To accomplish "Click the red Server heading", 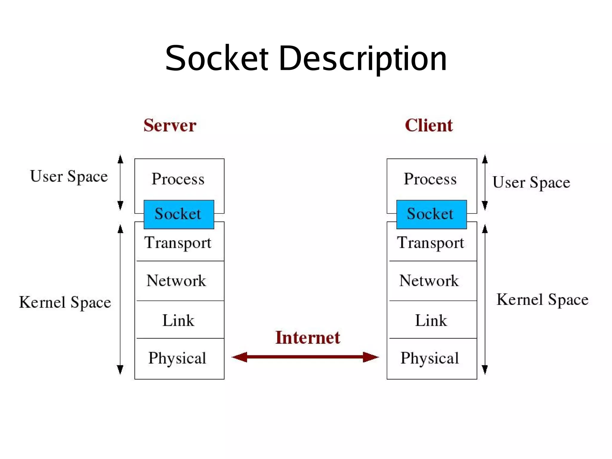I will [x=170, y=125].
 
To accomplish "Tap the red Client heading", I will [x=429, y=125].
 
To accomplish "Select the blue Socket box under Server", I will [x=179, y=214].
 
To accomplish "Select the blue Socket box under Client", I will [x=431, y=214].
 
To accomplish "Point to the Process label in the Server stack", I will [x=178, y=179].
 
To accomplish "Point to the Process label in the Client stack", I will [x=430, y=179].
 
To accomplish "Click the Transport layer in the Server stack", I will [x=178, y=242].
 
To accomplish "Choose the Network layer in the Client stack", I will [x=429, y=281].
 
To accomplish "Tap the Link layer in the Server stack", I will [x=178, y=320].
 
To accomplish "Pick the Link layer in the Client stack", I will [x=431, y=320].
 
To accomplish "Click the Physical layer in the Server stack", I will [x=178, y=358].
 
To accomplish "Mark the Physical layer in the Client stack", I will [x=430, y=358].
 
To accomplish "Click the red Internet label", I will [x=307, y=338].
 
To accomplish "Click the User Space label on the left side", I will [x=69, y=176].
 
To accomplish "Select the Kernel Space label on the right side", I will [x=542, y=300].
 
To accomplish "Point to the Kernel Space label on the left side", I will [x=65, y=302].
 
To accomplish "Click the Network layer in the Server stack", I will [x=176, y=281].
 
